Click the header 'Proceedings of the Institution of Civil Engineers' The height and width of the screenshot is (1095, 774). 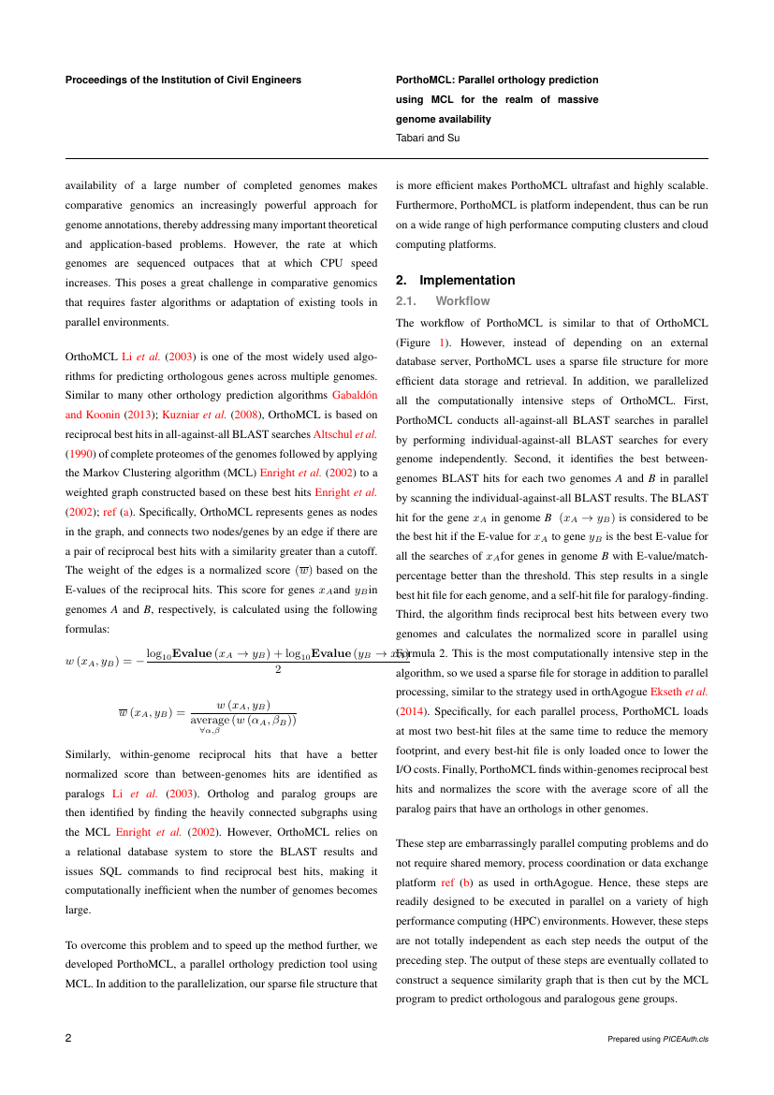183,80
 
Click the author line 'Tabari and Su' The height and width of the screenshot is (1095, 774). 428,138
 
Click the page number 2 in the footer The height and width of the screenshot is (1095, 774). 68,1039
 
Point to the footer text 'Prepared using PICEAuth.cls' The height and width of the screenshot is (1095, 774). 657,1040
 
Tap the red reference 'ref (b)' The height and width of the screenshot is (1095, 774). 458,882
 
